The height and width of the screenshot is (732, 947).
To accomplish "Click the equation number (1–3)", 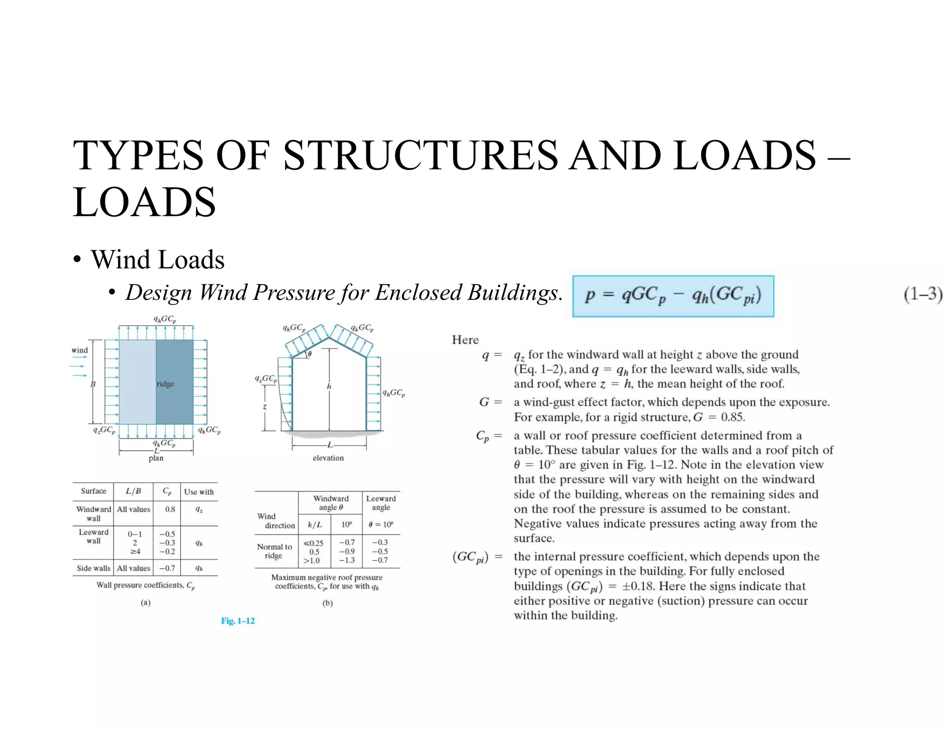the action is pyautogui.click(x=922, y=294).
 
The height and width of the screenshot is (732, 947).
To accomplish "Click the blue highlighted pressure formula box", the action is pyautogui.click(x=673, y=296).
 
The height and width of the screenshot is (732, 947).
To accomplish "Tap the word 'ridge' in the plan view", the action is pyautogui.click(x=165, y=384).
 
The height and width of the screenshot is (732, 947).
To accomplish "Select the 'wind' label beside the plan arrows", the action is pyautogui.click(x=80, y=350).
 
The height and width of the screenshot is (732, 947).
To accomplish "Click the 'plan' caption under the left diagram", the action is pyautogui.click(x=156, y=458).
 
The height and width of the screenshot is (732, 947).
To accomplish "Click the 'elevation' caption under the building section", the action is pyautogui.click(x=328, y=458).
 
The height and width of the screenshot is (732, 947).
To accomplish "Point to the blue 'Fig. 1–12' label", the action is pyautogui.click(x=238, y=621).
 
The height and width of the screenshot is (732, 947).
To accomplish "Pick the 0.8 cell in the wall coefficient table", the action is pyautogui.click(x=170, y=509).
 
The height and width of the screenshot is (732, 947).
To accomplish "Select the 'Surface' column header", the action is pyautogui.click(x=93, y=491).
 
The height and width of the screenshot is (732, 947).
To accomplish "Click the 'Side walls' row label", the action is pyautogui.click(x=93, y=568).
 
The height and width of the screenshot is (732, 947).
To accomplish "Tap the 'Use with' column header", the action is pyautogui.click(x=199, y=492).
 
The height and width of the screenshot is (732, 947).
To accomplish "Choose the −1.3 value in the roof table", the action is pyautogui.click(x=347, y=560).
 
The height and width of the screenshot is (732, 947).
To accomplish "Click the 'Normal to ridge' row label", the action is pyautogui.click(x=275, y=551).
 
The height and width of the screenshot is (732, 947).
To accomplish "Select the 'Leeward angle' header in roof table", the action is pyautogui.click(x=381, y=503).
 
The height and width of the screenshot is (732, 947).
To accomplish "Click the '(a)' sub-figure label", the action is pyautogui.click(x=146, y=602).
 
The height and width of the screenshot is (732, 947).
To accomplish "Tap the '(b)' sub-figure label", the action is pyautogui.click(x=327, y=603).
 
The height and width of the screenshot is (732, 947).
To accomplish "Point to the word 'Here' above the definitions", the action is pyautogui.click(x=465, y=340).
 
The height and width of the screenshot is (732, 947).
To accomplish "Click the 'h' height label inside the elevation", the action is pyautogui.click(x=329, y=386).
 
